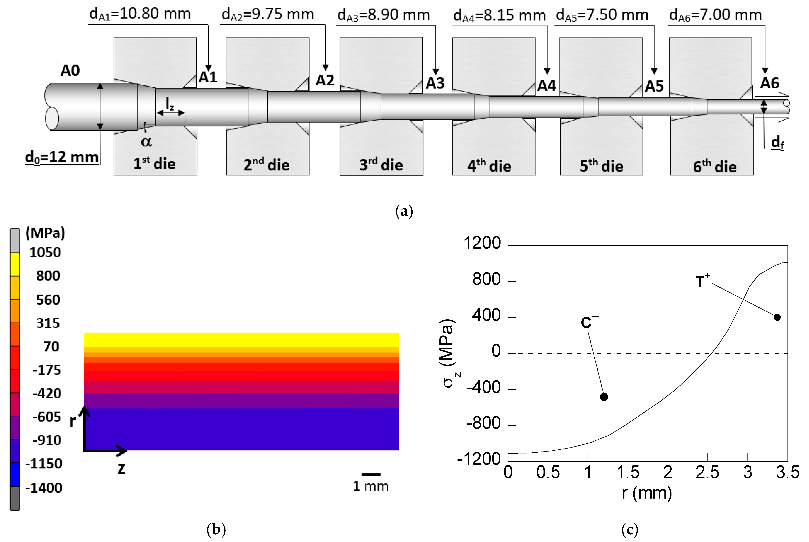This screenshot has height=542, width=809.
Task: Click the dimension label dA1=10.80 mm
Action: point(140,14)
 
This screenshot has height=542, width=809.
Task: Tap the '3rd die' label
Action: point(381,165)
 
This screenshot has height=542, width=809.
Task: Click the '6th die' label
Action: point(715,167)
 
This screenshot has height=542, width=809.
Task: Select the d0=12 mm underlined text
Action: point(62,158)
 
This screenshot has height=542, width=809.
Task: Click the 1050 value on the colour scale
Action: point(45,253)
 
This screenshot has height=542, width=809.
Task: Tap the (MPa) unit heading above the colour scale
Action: point(45,233)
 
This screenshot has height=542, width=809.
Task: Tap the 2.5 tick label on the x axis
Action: point(707,473)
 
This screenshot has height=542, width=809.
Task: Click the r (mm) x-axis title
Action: point(647,493)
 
